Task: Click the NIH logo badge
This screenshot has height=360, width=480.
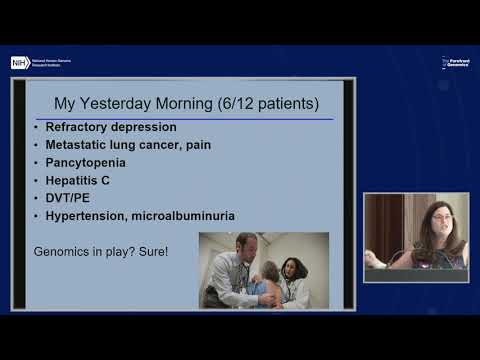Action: point(19,62)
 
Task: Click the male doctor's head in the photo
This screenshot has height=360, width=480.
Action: point(246,245)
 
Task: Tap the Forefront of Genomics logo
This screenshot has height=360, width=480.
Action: point(456,62)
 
